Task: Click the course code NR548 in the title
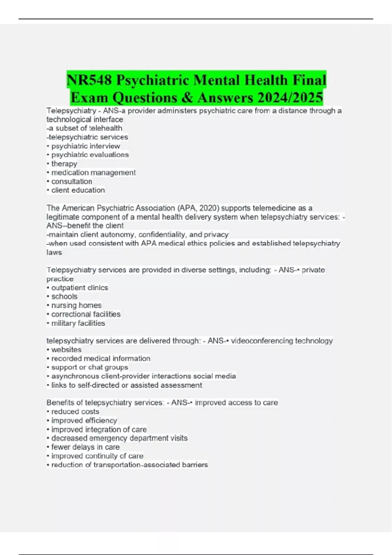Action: pos(89,80)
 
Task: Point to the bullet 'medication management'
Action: pos(93,172)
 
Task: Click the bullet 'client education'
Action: pos(78,190)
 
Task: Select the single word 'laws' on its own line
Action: pos(54,252)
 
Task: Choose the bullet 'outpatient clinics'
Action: pos(80,288)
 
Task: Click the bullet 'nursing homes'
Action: pos(76,305)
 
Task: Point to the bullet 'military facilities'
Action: pos(78,323)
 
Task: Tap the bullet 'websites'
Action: pos(66,350)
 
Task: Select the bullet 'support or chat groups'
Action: pos(90,367)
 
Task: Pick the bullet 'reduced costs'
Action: pos(75,412)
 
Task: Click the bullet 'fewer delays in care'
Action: pos(85,447)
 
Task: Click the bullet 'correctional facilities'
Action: pos(86,314)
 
